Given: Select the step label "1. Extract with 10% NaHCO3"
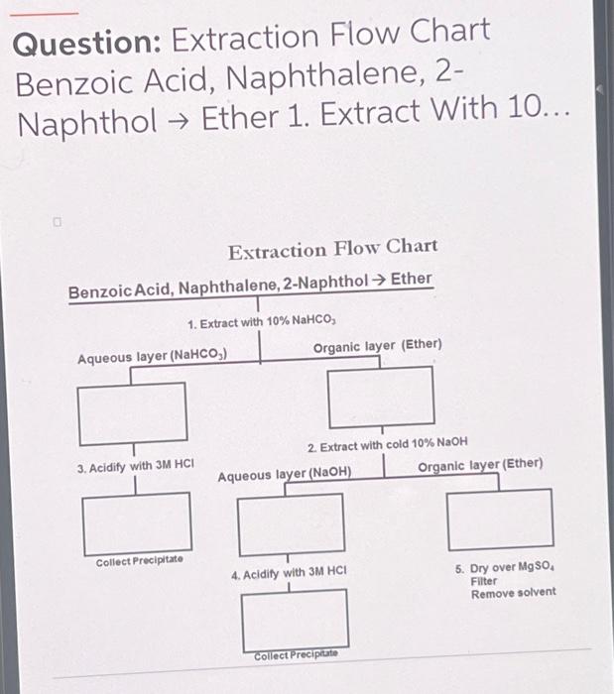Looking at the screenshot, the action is click(x=262, y=323).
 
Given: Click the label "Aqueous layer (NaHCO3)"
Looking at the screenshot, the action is click(x=153, y=355).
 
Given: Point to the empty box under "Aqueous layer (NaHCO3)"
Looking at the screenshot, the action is click(x=132, y=413).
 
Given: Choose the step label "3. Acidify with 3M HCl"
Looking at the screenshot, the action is click(x=136, y=464).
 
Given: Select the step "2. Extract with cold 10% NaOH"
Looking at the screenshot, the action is click(x=387, y=444).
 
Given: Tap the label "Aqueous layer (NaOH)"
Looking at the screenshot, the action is click(x=285, y=475).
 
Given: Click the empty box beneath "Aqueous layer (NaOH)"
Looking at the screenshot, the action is click(x=290, y=523).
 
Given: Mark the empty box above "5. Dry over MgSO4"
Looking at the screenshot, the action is click(x=500, y=519).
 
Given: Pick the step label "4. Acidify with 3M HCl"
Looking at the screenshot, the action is click(x=289, y=573).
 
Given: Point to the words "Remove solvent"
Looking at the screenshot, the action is click(x=513, y=593).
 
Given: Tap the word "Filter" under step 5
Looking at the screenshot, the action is click(x=484, y=581).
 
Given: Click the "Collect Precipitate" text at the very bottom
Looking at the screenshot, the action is click(x=296, y=655).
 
